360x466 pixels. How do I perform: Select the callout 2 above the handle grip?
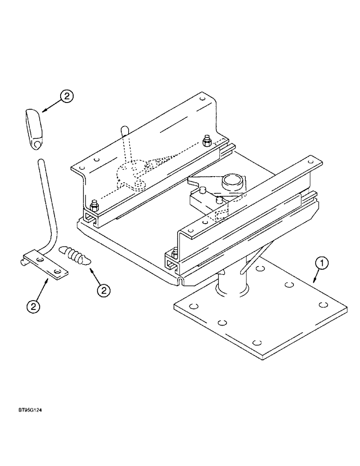tap(67, 96)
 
